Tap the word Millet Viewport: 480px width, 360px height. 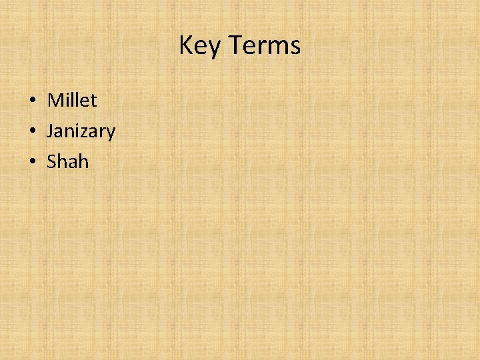[x=72, y=101]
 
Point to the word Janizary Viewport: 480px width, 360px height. [x=81, y=131]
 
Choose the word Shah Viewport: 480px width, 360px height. [x=68, y=161]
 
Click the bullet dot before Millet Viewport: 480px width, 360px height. [x=32, y=101]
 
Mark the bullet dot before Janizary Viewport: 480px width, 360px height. [x=32, y=131]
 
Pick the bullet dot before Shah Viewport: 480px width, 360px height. [x=32, y=162]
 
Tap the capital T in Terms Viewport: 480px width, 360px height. [x=235, y=46]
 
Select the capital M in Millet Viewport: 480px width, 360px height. [x=55, y=101]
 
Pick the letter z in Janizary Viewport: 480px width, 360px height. [x=86, y=132]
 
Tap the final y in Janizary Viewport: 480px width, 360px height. [x=111, y=133]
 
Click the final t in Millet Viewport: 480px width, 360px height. [x=93, y=101]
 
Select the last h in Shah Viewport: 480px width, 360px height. [x=83, y=161]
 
